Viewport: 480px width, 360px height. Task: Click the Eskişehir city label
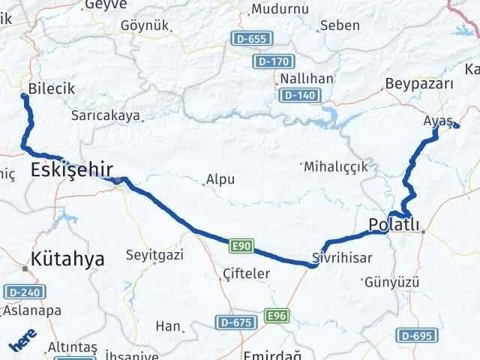(71, 170)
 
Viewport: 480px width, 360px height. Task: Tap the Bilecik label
(51, 88)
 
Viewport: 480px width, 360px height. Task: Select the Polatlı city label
(393, 223)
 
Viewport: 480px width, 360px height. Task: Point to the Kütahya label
(67, 259)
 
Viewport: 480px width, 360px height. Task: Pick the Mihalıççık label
(336, 166)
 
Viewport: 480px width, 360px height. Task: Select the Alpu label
(221, 180)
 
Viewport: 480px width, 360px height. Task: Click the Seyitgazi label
(154, 255)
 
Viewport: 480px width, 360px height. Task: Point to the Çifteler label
(247, 274)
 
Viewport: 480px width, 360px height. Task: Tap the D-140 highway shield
(300, 95)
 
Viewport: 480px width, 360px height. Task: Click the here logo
(21, 343)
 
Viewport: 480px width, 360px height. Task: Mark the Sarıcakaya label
(106, 115)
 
